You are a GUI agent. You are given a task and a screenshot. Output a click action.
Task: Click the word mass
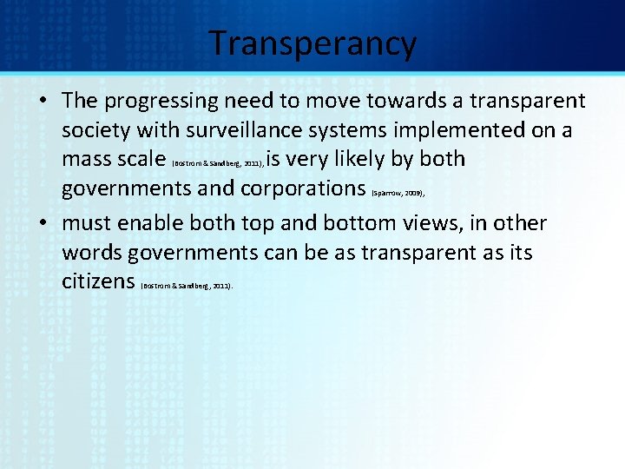[86, 160]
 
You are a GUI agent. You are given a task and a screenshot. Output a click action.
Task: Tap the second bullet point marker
[42, 224]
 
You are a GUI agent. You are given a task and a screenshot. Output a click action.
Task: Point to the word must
[86, 224]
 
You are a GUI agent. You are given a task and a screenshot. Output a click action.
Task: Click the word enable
[148, 224]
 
